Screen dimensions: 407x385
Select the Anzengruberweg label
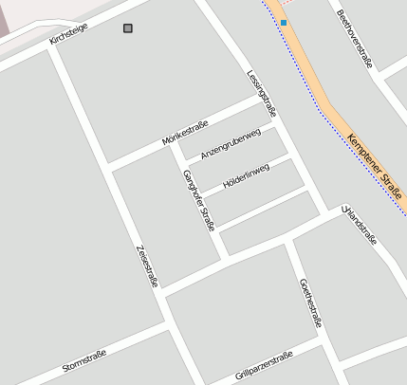pyautogui.click(x=230, y=143)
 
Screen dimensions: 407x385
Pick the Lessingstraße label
pyautogui.click(x=261, y=92)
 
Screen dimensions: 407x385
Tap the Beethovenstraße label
pyautogui.click(x=355, y=39)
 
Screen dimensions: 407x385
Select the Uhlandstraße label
pyautogui.click(x=360, y=224)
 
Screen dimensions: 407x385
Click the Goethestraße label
pyautogui.click(x=310, y=302)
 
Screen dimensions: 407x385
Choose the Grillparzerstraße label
pyautogui.click(x=264, y=364)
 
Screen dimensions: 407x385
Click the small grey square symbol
pyautogui.click(x=128, y=28)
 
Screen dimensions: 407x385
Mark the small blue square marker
pyautogui.click(x=283, y=22)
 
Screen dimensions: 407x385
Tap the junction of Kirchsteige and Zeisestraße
pyautogui.click(x=52, y=46)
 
